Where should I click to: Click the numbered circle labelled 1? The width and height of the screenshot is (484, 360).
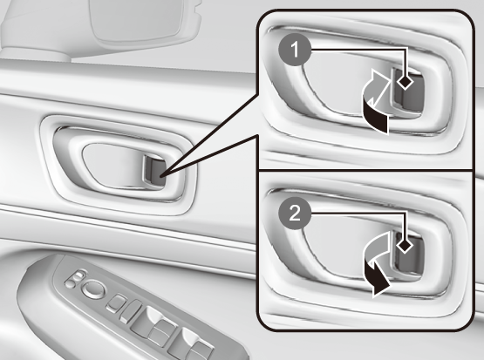click(x=295, y=50)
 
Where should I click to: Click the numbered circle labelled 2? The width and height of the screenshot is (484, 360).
click(x=295, y=213)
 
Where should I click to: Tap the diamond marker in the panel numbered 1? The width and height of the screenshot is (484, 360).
click(x=405, y=82)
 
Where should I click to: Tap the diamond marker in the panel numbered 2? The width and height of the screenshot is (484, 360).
click(x=405, y=246)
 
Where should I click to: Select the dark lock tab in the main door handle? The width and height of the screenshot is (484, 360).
click(x=153, y=171)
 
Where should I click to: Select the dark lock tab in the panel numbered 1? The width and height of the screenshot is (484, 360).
click(x=407, y=90)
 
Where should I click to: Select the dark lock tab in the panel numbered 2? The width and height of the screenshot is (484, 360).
click(x=407, y=254)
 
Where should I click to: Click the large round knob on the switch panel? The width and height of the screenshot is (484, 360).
click(x=93, y=289)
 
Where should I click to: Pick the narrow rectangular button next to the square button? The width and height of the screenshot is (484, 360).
click(x=131, y=311)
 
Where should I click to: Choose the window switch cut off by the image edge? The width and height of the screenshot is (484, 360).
click(x=191, y=345)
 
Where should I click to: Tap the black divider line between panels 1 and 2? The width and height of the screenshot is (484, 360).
click(x=365, y=170)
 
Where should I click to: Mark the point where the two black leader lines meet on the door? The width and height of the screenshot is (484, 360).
click(x=161, y=176)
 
